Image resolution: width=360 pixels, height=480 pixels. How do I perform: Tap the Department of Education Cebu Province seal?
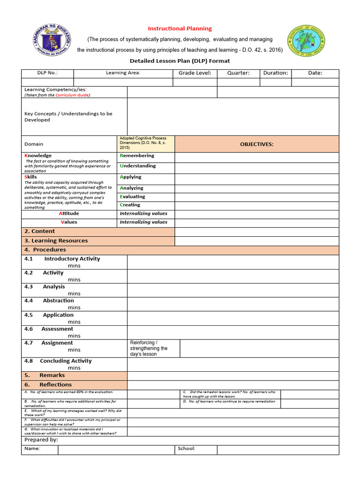pyautogui.click(x=306, y=40)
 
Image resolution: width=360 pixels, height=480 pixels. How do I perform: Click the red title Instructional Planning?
pyautogui.click(x=180, y=29)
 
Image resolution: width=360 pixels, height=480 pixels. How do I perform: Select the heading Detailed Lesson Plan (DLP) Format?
pyautogui.click(x=180, y=60)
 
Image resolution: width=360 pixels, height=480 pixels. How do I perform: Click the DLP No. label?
pyautogui.click(x=47, y=73)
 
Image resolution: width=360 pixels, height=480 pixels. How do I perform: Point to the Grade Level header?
pyautogui.click(x=195, y=73)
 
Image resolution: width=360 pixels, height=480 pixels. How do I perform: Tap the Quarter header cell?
pyautogui.click(x=238, y=73)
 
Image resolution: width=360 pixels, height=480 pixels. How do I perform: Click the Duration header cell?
pyautogui.click(x=276, y=73)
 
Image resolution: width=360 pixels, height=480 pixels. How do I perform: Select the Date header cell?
pyautogui.click(x=315, y=73)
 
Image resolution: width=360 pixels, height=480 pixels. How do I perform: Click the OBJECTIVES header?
pyautogui.click(x=256, y=144)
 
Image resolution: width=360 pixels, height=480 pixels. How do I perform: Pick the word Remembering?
pyautogui.click(x=137, y=156)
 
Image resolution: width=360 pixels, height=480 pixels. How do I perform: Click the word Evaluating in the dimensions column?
pyautogui.click(x=133, y=197)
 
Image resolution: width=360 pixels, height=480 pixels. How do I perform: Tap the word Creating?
pyautogui.click(x=130, y=205)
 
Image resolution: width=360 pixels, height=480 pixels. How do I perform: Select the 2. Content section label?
pyautogui.click(x=39, y=231)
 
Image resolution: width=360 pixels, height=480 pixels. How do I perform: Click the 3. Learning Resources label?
pyautogui.click(x=56, y=240)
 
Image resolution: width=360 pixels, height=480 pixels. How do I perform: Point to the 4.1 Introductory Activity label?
pyautogui.click(x=62, y=259)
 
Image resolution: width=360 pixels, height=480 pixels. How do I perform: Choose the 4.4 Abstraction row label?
pyautogui.click(x=49, y=300)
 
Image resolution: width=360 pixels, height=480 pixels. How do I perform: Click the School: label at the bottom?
pyautogui.click(x=187, y=449)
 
